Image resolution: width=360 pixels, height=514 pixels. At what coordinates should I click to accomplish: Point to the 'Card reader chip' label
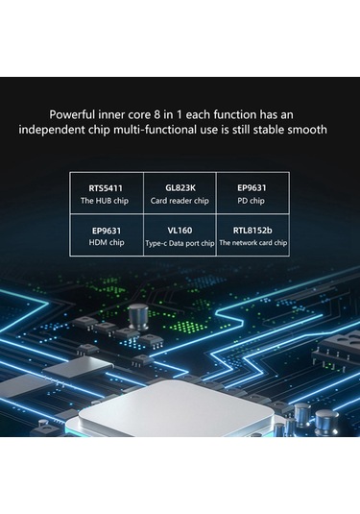tap(180, 202)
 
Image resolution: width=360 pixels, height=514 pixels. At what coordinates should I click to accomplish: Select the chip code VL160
tap(180, 231)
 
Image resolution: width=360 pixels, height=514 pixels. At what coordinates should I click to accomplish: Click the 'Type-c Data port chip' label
tap(180, 244)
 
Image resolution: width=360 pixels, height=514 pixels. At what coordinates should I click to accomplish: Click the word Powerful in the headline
tap(78, 112)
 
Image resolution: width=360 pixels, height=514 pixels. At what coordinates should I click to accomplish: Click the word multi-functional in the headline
tap(156, 130)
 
